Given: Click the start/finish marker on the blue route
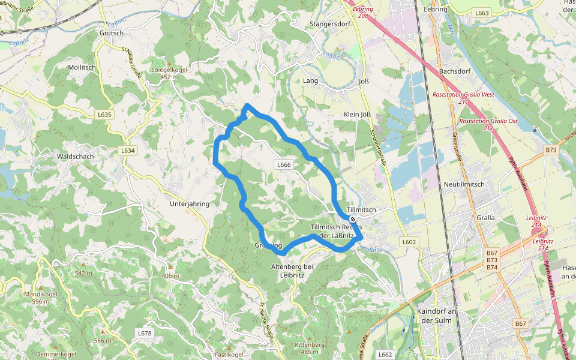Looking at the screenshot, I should (x=353, y=220).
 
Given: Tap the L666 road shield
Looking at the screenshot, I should (x=284, y=164).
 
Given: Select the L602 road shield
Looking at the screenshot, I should (x=409, y=242).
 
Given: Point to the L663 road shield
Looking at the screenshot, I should (x=482, y=13).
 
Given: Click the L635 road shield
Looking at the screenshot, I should (x=104, y=115).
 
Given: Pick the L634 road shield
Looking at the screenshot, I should (x=128, y=151).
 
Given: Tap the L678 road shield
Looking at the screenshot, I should (x=145, y=333).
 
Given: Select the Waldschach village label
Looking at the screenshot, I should (x=74, y=156).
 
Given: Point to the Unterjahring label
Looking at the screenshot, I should (x=190, y=204).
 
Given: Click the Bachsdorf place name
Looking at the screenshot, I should (x=455, y=71).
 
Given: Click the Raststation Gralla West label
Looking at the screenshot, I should (x=463, y=98).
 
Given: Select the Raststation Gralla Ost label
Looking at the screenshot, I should (x=488, y=124).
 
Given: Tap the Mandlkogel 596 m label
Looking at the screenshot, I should (x=40, y=298).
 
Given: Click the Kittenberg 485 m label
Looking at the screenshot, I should (x=310, y=348).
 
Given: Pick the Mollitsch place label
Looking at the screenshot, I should (x=82, y=67).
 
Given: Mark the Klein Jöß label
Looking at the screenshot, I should (x=359, y=114).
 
